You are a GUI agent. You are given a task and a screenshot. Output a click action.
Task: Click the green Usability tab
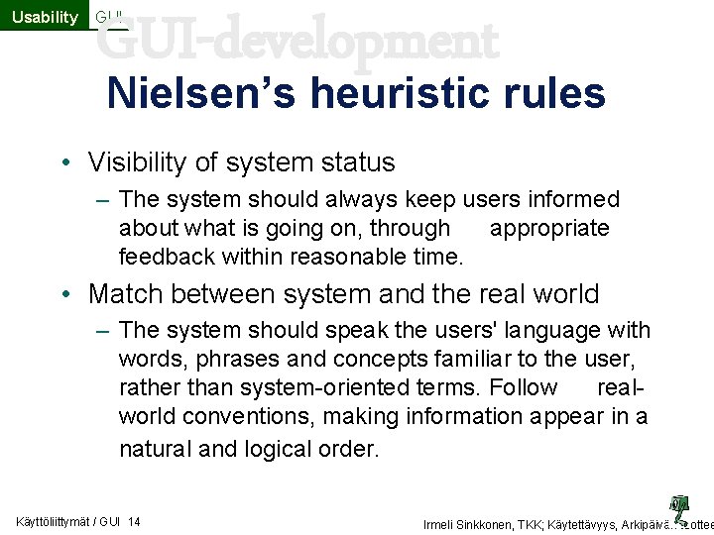[44, 17]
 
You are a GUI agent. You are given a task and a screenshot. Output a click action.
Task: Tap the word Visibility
[143, 162]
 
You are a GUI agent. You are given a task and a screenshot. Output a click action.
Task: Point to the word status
[356, 162]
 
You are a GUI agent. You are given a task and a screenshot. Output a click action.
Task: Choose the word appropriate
[549, 228]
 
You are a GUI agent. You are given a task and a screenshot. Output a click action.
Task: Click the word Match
[128, 294]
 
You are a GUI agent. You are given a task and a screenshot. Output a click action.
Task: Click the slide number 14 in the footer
[134, 522]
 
